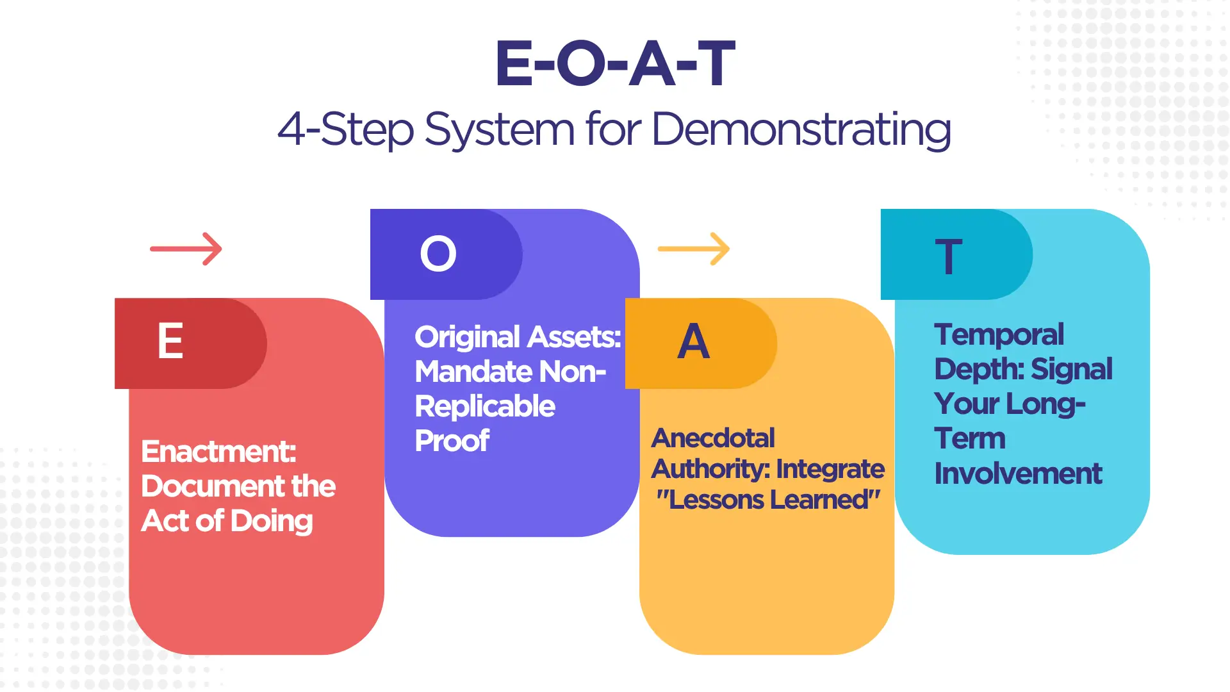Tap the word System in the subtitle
(499, 130)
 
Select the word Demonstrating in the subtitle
(801, 130)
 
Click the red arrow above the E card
(186, 249)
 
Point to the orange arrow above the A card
(694, 249)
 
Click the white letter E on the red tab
(170, 341)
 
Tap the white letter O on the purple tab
(438, 254)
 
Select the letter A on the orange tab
(694, 342)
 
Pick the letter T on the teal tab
(949, 256)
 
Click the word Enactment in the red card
(218, 452)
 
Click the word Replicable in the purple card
(485, 406)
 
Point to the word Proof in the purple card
(452, 441)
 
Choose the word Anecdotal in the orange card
(713, 438)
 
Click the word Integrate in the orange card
(830, 469)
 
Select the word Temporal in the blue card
(999, 334)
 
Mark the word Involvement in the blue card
(1018, 474)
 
